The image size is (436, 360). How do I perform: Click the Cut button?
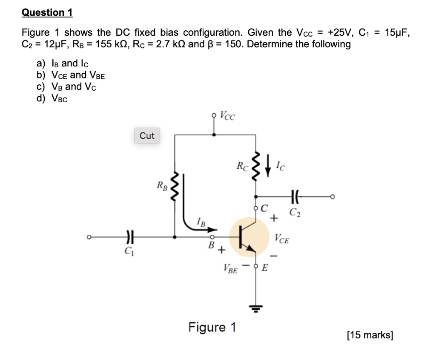[x=147, y=135]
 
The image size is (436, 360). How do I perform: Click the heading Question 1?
[x=47, y=13]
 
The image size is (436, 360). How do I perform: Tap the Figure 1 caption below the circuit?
[x=212, y=327]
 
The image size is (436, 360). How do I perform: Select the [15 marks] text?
[x=370, y=335]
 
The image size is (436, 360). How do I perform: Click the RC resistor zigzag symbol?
[x=255, y=166]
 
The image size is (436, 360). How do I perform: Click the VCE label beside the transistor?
[x=282, y=239]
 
